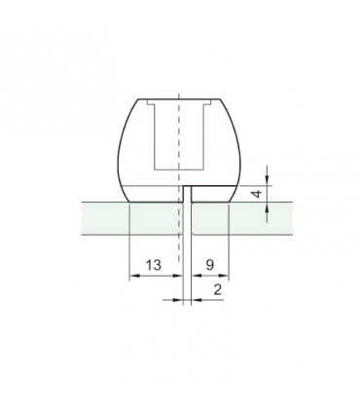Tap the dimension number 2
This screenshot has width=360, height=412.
tap(215, 289)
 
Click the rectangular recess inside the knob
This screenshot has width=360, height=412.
tap(180, 136)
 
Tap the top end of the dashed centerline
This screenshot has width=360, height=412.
tap(180, 89)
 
